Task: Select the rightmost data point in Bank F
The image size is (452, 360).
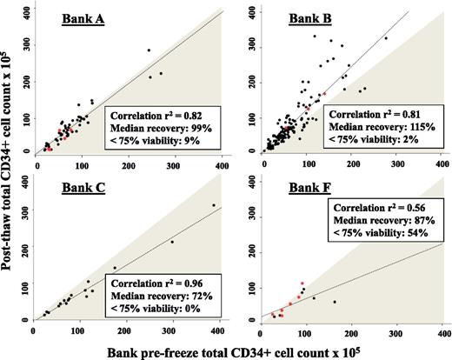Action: tap(334, 302)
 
